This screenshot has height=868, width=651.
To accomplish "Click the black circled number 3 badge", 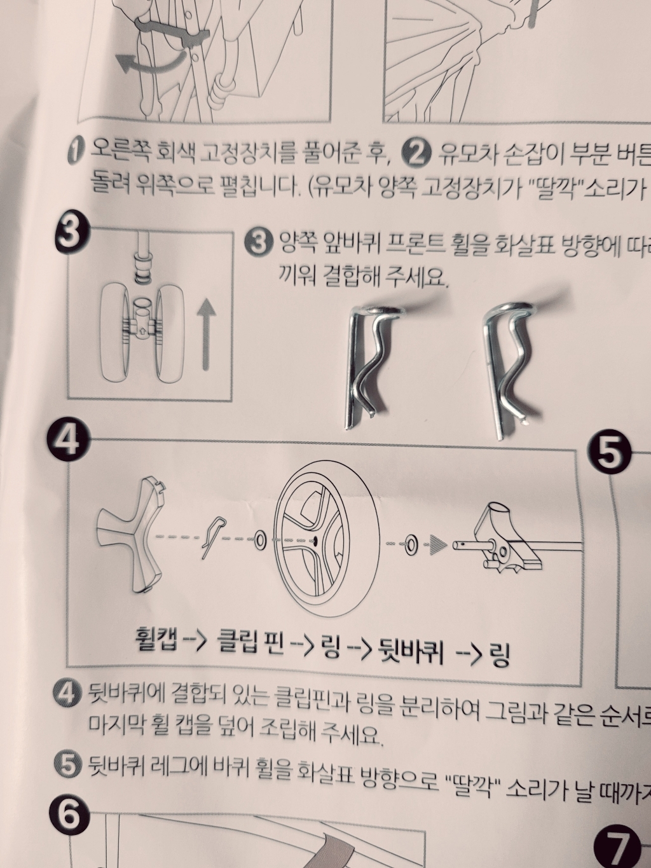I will (x=67, y=233).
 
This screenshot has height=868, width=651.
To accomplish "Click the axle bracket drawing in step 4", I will (x=509, y=541).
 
